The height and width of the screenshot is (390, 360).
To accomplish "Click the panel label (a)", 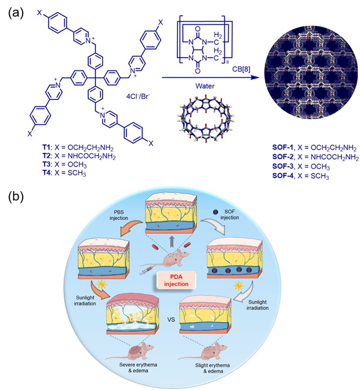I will (x=15, y=12).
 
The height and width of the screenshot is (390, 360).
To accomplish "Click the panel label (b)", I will (x=15, y=198).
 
